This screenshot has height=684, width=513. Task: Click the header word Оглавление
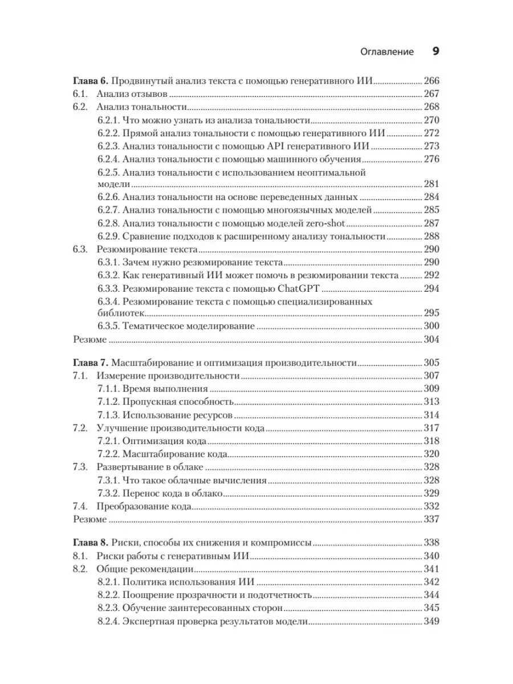tap(387, 51)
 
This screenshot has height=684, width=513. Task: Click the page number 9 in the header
tap(435, 51)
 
